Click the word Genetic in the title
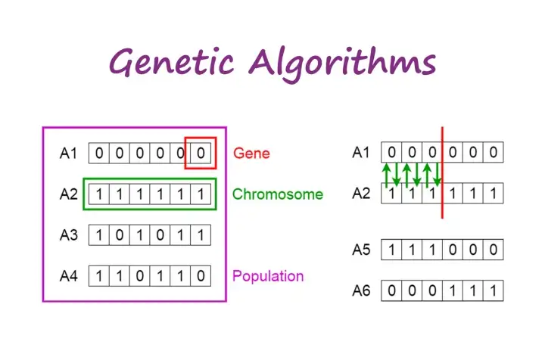point(172,63)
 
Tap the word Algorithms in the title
point(342,64)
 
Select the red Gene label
point(251,153)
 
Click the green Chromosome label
point(277,194)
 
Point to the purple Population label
point(268,276)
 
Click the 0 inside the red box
point(201,153)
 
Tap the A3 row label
point(68,235)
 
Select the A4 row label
point(68,276)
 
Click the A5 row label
point(361,250)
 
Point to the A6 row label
point(361,290)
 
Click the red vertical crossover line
point(442,172)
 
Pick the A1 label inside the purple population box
point(68,153)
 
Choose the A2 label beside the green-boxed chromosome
point(68,194)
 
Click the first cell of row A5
point(391,250)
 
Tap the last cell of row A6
point(494,290)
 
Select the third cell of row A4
point(140,276)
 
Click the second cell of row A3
point(120,235)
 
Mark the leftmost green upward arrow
point(386,175)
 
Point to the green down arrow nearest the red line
point(438,174)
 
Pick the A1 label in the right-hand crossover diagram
point(361,152)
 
